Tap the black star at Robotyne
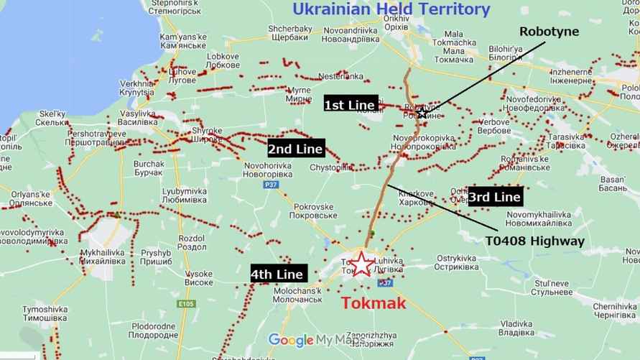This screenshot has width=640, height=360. [422, 112]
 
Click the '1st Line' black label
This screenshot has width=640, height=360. [350, 105]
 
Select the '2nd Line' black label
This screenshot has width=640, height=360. [296, 149]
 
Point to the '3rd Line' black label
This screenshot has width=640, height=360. [494, 196]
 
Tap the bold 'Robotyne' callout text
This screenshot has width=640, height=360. [549, 32]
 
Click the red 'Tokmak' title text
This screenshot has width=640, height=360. [374, 303]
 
